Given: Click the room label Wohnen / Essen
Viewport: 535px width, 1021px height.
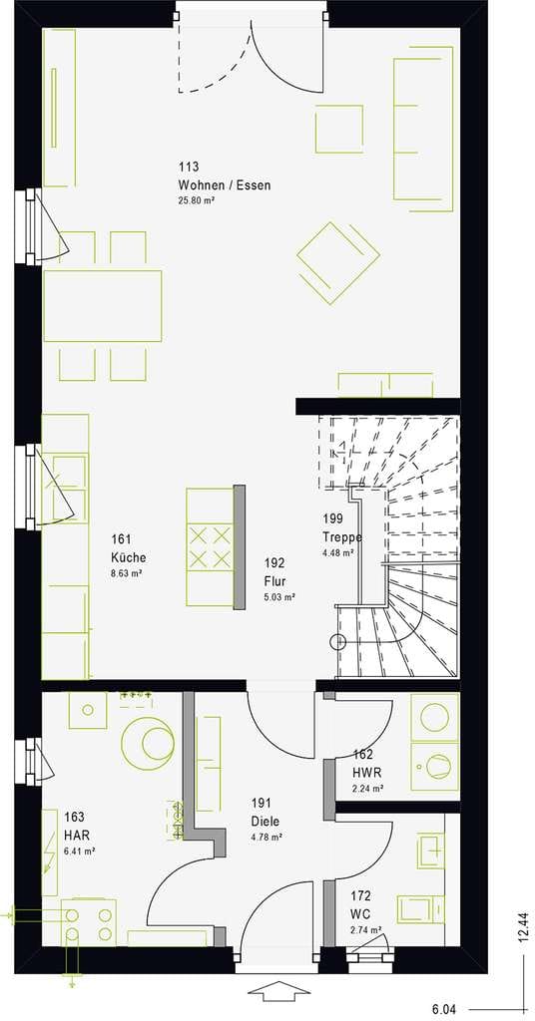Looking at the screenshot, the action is tap(224, 185).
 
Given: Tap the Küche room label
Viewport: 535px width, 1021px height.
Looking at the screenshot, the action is tap(129, 558).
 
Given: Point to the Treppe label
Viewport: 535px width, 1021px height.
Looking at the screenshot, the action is tap(342, 537).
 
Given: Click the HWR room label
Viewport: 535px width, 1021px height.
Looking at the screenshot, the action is tap(367, 773).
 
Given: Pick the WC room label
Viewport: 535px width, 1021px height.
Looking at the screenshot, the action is tap(361, 913).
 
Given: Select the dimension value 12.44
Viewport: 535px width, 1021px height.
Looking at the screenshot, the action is tap(523, 926).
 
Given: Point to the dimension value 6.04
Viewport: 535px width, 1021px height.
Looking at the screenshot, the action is tap(444, 1009).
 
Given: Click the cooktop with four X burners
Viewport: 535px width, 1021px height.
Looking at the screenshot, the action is tap(210, 547).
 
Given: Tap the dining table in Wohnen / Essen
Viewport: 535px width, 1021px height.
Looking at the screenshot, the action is tap(102, 306).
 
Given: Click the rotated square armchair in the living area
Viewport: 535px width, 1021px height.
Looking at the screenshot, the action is tap(338, 263).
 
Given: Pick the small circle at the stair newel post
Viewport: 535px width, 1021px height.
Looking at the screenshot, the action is tap(338, 642).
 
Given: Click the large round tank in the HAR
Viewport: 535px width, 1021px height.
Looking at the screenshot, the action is tap(148, 742).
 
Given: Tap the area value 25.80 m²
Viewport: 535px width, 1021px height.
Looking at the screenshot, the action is tap(197, 200).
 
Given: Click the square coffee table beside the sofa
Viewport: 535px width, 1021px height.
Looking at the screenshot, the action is tap(338, 129).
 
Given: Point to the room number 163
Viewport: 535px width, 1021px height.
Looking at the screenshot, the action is tap(74, 817).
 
